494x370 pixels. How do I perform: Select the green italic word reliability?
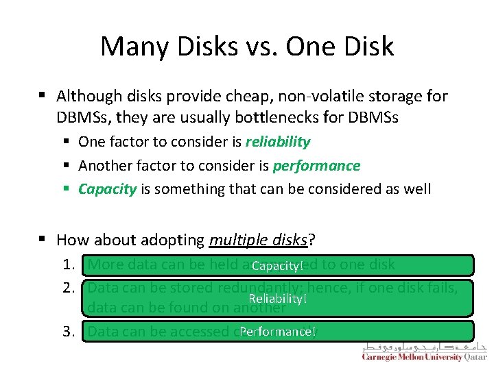click(278, 142)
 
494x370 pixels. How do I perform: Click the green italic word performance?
click(316, 165)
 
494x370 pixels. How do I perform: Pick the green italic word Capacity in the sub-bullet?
click(107, 188)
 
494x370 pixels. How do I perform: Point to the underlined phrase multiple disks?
click(258, 239)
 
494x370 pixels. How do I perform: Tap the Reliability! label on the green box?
click(277, 299)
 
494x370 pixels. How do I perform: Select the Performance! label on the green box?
click(278, 332)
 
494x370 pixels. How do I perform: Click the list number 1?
click(68, 264)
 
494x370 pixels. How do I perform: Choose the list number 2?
click(68, 288)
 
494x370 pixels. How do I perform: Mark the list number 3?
click(68, 332)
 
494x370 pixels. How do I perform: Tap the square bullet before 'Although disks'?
click(43, 96)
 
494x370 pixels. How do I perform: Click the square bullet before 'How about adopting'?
click(43, 240)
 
